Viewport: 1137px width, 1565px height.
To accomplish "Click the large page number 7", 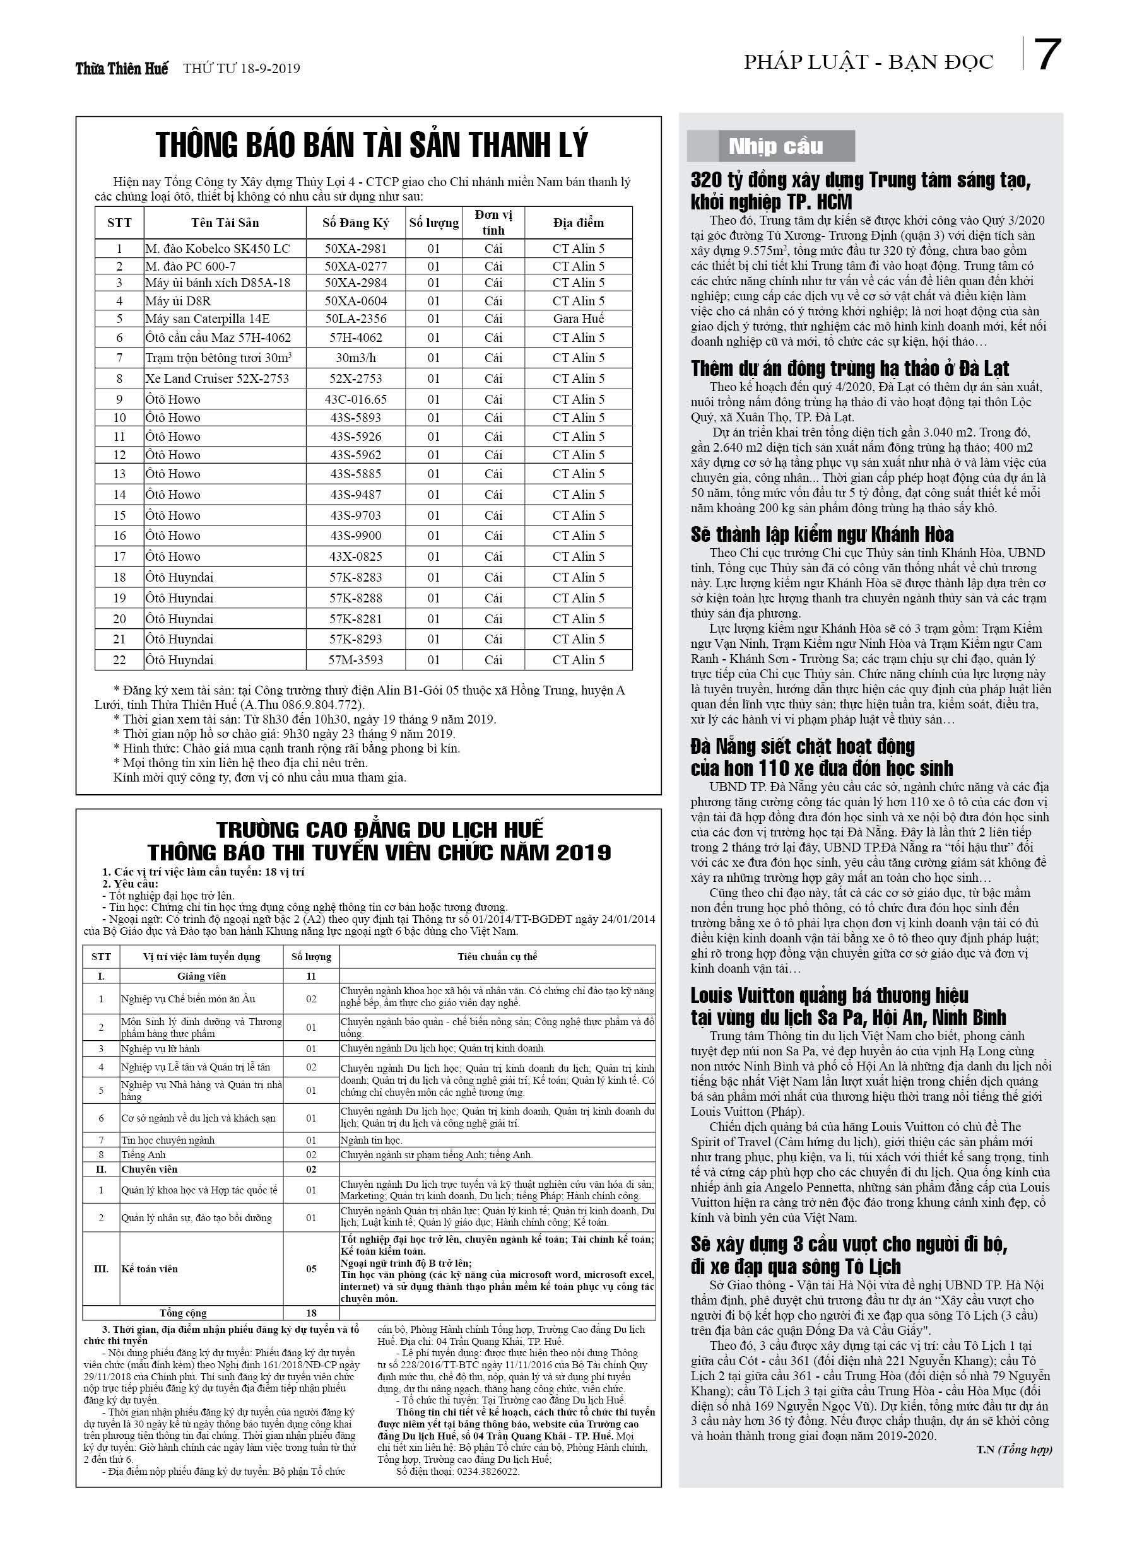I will tap(1047, 56).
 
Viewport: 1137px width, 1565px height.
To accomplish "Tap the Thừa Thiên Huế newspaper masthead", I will tap(122, 68).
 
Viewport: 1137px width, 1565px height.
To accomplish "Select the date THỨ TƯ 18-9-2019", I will tap(241, 69).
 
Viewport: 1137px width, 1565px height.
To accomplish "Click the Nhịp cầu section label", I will tap(775, 146).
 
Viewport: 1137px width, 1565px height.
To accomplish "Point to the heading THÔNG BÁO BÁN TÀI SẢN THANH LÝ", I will tap(372, 145).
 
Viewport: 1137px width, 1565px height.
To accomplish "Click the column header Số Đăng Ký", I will tap(355, 223).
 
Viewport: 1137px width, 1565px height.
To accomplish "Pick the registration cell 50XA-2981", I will tap(355, 249).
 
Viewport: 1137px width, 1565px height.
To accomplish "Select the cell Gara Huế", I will tap(578, 319).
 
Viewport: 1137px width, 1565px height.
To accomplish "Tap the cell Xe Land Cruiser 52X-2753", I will tap(217, 378).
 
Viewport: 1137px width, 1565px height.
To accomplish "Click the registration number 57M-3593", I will tap(355, 660).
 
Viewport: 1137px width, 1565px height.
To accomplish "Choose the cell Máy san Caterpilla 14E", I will tap(207, 319).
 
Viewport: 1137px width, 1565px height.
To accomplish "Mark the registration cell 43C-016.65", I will tap(355, 399).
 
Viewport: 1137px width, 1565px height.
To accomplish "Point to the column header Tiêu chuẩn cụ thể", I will tap(497, 956).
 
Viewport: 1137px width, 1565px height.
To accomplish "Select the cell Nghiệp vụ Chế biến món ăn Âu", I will tap(189, 999).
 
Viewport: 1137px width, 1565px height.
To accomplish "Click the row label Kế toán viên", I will tap(150, 1269).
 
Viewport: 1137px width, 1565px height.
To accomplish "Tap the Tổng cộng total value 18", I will tap(311, 1313).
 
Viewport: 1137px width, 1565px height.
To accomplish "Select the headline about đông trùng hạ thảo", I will tap(850, 368).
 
